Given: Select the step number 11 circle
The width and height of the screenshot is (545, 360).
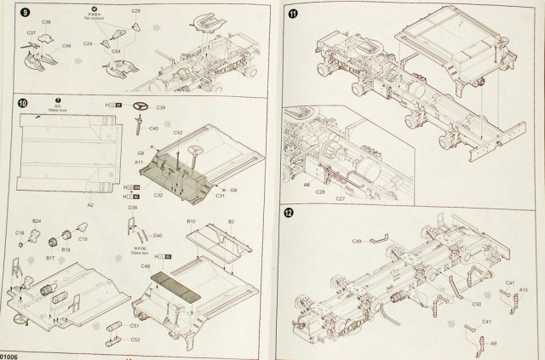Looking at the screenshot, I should (294, 13).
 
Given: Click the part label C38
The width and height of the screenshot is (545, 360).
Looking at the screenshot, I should (46, 20).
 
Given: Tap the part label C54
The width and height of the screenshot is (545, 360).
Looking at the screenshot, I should (117, 52).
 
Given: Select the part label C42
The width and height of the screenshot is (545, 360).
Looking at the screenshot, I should (179, 134).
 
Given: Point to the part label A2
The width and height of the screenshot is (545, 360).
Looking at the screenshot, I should (89, 204).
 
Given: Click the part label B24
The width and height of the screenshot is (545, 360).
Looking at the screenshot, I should (37, 220).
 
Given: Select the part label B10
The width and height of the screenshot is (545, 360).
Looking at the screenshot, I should (191, 221).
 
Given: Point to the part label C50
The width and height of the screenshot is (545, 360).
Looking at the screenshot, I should (477, 303).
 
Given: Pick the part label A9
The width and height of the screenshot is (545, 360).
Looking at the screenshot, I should (493, 342).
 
